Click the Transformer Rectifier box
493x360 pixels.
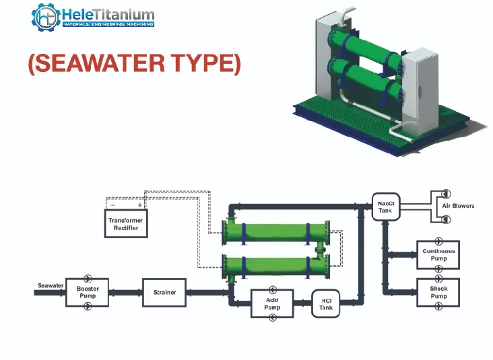click(126, 224)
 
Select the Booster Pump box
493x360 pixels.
click(88, 292)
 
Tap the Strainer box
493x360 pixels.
click(164, 293)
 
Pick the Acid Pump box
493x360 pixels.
click(272, 303)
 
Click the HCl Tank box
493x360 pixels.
click(326, 303)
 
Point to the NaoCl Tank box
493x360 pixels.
click(385, 207)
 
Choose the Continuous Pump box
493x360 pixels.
click(438, 254)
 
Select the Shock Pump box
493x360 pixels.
click(438, 292)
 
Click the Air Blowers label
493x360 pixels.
click(458, 206)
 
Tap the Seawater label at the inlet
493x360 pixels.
click(51, 286)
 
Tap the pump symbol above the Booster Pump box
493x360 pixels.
click(88, 277)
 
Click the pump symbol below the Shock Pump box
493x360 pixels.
click(438, 307)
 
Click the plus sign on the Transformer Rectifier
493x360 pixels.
click(140, 205)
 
